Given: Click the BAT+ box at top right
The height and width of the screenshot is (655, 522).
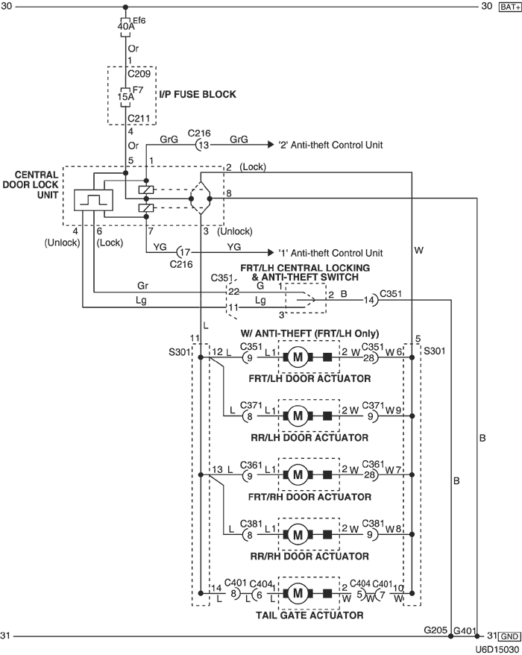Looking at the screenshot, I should click(x=507, y=7).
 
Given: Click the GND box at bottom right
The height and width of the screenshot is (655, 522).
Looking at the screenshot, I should click(x=507, y=636).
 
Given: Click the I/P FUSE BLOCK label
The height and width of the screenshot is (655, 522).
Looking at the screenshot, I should click(x=197, y=95).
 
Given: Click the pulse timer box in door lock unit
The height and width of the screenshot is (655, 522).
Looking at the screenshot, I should click(x=93, y=201).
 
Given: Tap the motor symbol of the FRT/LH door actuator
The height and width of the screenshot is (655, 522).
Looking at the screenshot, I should click(x=298, y=357).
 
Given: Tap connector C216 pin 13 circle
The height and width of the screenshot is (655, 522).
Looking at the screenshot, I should click(x=203, y=145).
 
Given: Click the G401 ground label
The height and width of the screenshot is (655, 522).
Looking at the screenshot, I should click(x=465, y=630).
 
